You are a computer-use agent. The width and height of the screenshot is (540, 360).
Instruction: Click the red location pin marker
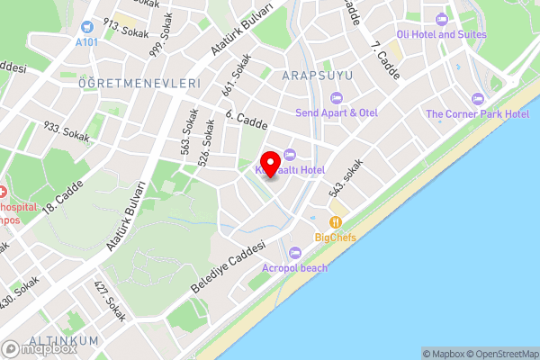point(267,163)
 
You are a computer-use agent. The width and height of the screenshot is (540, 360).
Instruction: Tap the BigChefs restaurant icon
point(336,221)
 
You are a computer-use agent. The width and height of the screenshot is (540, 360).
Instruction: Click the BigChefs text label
point(336,238)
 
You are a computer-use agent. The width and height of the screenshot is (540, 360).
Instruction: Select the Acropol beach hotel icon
point(297,253)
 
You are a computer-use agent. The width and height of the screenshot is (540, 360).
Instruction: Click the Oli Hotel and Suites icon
point(440,19)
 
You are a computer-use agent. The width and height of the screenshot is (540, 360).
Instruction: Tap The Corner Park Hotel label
point(477,114)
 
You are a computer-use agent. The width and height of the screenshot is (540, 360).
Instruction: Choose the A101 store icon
point(86,28)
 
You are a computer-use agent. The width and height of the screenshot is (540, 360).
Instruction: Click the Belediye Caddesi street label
point(229,266)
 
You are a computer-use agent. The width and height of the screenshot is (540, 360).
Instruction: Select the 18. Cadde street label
point(67,193)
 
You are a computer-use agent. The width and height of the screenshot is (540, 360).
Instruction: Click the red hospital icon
point(3,192)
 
